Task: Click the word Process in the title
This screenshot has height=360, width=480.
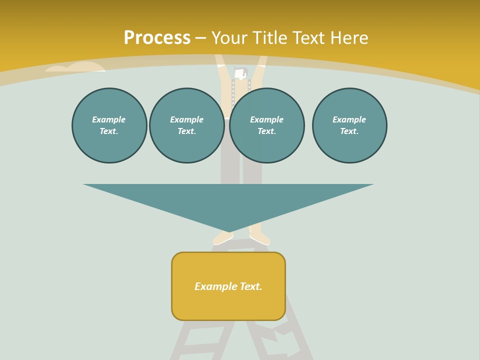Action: click(157, 37)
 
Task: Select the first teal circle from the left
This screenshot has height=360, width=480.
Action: click(109, 125)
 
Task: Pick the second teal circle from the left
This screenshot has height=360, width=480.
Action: click(186, 125)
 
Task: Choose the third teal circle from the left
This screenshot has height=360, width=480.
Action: click(266, 125)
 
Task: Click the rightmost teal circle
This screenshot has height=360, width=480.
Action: click(349, 125)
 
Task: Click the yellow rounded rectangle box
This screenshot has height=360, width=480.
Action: click(228, 286)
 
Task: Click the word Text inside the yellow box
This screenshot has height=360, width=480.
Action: click(250, 286)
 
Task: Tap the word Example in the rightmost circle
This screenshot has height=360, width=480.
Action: click(349, 119)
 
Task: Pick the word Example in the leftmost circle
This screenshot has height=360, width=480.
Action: click(109, 119)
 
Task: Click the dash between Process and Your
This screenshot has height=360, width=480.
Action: click(200, 38)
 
